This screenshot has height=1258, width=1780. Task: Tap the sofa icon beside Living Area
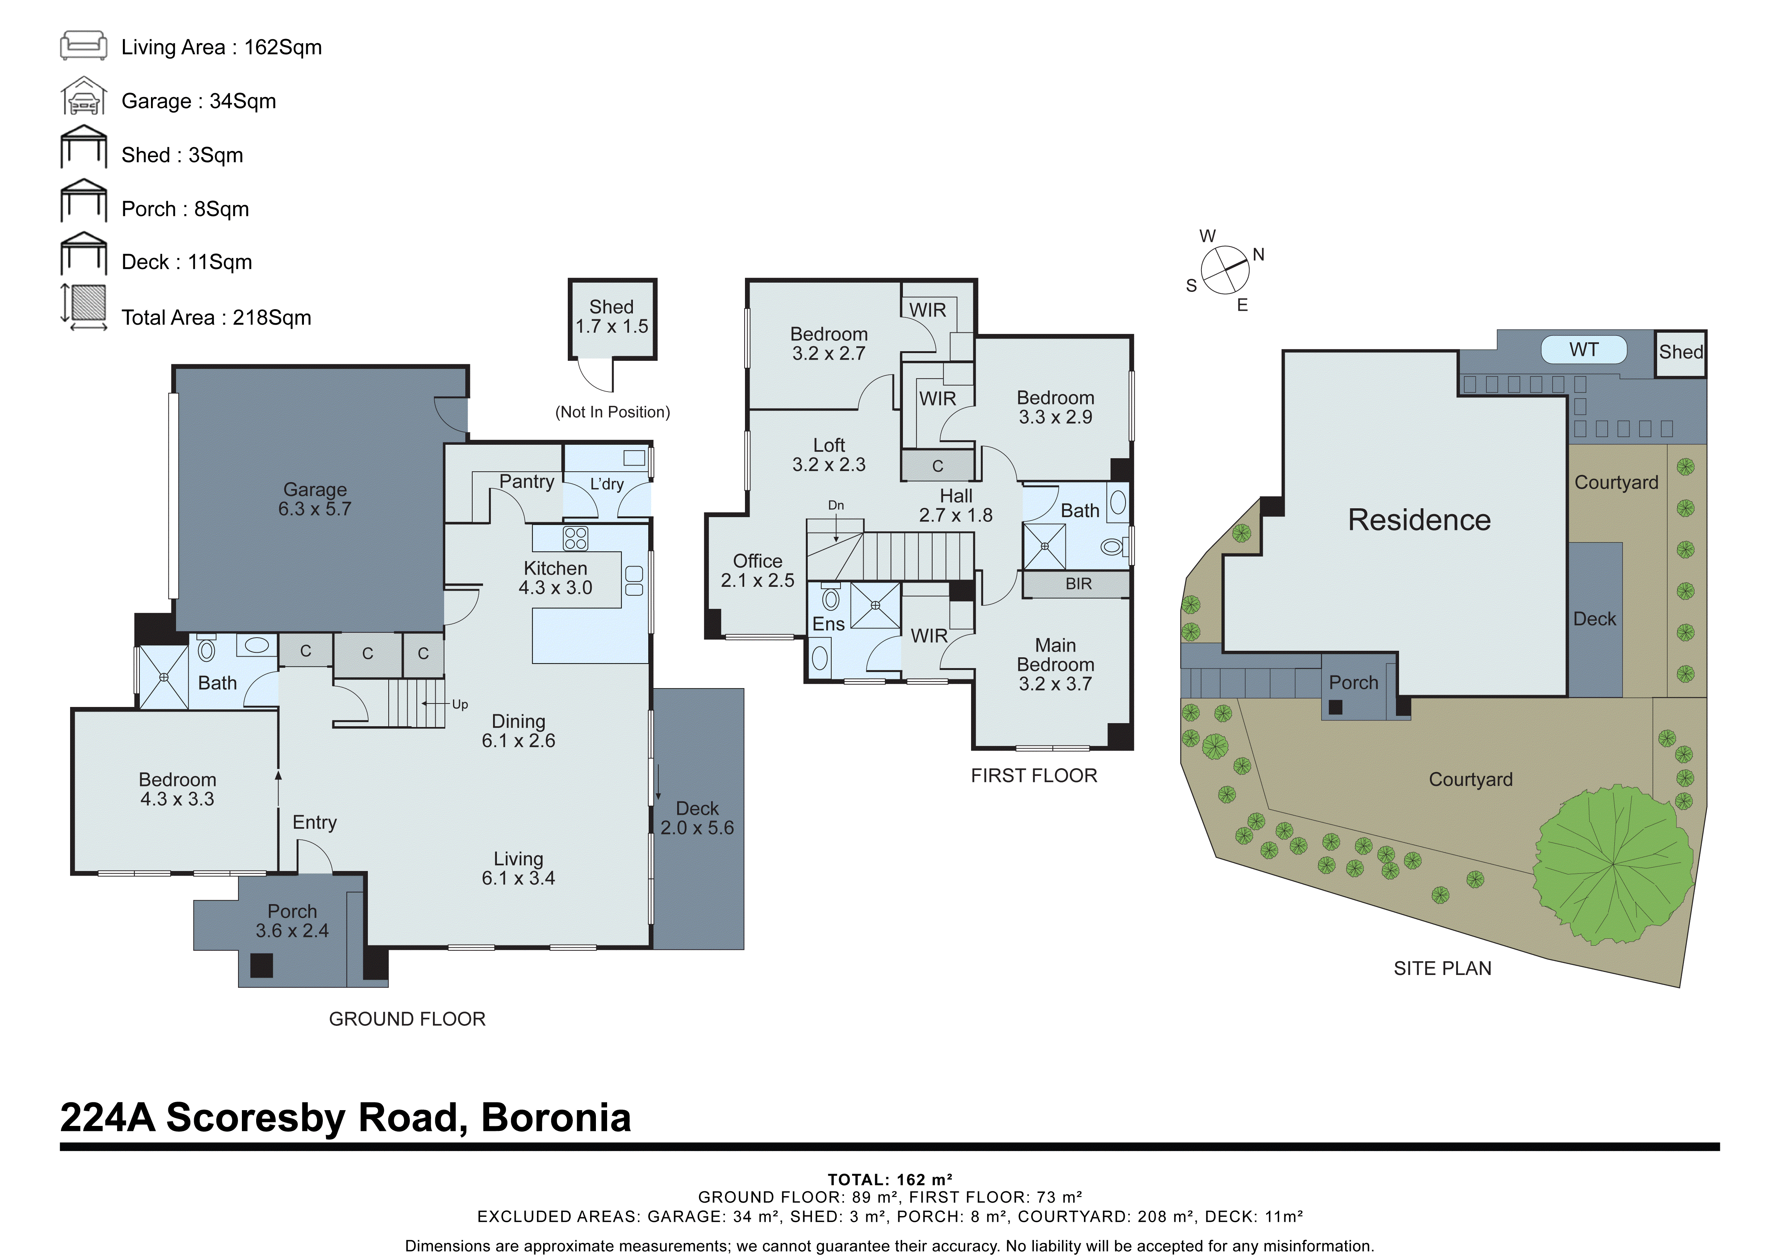click(x=84, y=46)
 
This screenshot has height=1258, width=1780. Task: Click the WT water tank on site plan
click(x=1583, y=350)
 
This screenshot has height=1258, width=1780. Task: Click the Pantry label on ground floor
click(x=527, y=481)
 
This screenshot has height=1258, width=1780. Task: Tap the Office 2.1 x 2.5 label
click(x=757, y=571)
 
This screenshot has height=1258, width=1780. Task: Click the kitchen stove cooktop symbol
click(x=575, y=538)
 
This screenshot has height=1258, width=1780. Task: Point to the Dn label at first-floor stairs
click(x=836, y=505)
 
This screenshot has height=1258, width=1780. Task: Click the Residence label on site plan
click(x=1419, y=520)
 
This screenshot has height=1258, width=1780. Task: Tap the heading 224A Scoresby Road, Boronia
click(x=346, y=1118)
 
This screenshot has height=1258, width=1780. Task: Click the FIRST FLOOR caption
click(x=1033, y=776)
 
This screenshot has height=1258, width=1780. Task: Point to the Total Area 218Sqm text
click(x=216, y=318)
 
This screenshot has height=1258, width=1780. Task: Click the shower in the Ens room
click(x=875, y=605)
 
